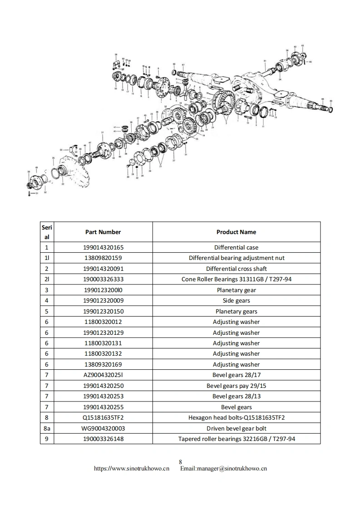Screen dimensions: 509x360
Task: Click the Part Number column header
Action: (103, 232)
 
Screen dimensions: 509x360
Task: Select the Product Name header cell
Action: (236, 232)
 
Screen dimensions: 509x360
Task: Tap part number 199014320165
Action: (103, 247)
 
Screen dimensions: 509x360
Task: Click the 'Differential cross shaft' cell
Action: (236, 269)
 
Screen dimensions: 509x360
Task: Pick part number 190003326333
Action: (103, 279)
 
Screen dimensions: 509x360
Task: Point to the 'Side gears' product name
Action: (236, 300)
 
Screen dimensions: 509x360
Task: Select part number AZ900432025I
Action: (103, 375)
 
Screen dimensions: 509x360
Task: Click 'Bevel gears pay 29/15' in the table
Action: (236, 386)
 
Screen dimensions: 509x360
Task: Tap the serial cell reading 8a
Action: (47, 428)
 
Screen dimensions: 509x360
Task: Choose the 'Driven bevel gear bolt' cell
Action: (236, 428)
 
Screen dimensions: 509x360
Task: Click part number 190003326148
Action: (103, 439)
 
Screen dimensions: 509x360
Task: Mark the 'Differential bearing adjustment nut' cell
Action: (236, 258)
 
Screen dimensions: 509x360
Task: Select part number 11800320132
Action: (103, 354)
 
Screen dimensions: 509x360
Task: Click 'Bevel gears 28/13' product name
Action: (236, 396)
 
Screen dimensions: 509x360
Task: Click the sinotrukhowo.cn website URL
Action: (132, 469)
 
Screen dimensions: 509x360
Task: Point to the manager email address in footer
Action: (223, 469)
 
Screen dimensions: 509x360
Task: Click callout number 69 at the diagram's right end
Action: (331, 100)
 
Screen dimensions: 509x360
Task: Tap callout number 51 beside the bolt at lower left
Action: (38, 193)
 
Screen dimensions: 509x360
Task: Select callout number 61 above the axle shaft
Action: (265, 60)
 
